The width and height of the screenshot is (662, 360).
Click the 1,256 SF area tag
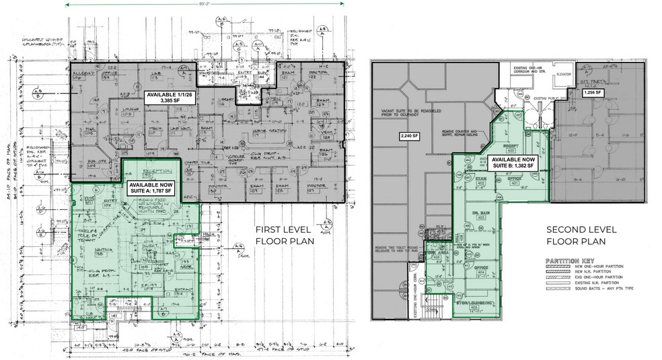tap(593, 92)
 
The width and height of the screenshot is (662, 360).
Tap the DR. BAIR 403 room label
tap(480, 213)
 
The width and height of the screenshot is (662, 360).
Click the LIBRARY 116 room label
tap(225, 102)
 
